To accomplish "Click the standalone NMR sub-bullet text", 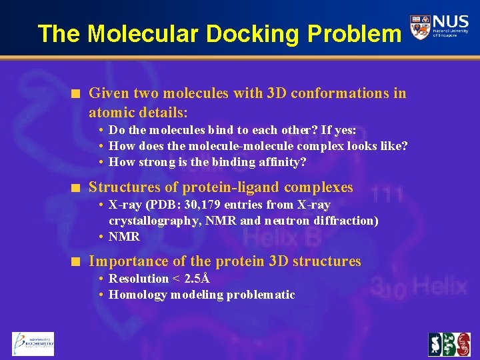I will coord(124,237).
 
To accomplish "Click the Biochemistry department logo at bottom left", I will coord(33,344).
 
